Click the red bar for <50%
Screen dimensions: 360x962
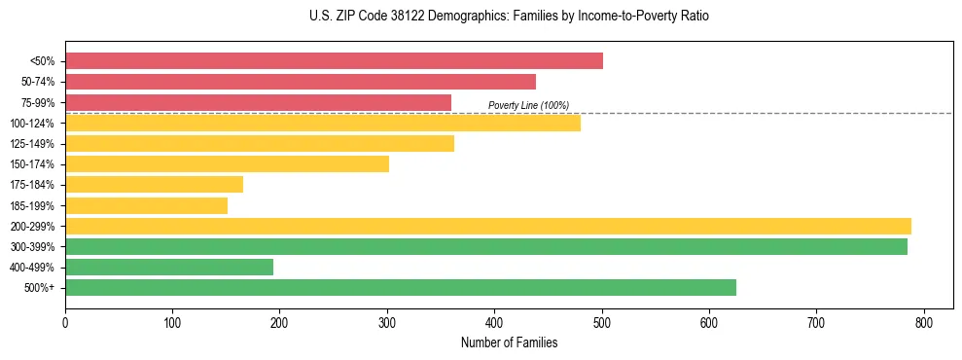point(334,61)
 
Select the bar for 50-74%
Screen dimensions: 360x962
point(301,82)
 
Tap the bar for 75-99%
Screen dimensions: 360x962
point(258,102)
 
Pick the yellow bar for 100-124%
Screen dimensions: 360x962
point(323,123)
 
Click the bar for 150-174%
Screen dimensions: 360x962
point(227,163)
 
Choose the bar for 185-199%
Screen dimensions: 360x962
point(146,205)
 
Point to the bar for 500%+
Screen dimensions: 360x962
point(401,287)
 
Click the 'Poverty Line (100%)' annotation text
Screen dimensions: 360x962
point(528,105)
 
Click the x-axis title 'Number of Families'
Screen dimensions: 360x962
point(509,342)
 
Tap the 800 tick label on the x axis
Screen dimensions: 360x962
point(923,323)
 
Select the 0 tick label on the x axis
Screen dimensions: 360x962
point(65,323)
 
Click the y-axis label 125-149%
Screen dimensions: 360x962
point(32,144)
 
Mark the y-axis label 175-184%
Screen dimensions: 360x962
point(32,185)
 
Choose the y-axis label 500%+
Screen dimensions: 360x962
point(41,288)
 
